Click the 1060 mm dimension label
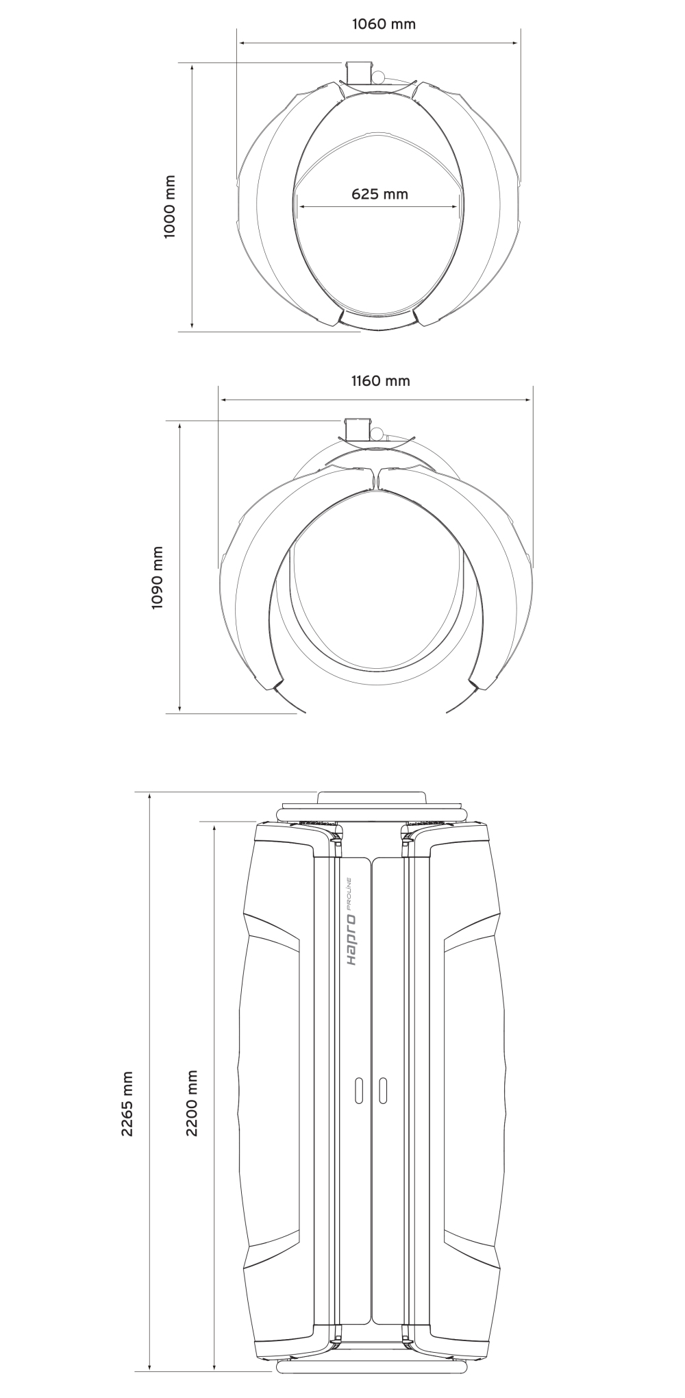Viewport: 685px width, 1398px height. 384,24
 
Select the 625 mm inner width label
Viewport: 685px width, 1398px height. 379,194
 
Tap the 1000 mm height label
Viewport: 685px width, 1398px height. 170,207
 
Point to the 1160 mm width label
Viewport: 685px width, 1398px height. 381,380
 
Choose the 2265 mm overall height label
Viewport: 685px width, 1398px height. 127,1104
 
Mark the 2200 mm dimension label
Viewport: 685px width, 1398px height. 192,1103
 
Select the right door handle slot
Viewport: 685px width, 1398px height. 383,1090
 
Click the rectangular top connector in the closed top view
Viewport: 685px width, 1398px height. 360,72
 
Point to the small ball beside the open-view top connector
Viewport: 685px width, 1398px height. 376,432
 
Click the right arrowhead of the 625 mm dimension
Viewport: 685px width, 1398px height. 455,206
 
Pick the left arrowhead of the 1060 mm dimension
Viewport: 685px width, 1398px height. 243,43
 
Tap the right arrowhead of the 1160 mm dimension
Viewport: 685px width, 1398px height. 527,400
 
